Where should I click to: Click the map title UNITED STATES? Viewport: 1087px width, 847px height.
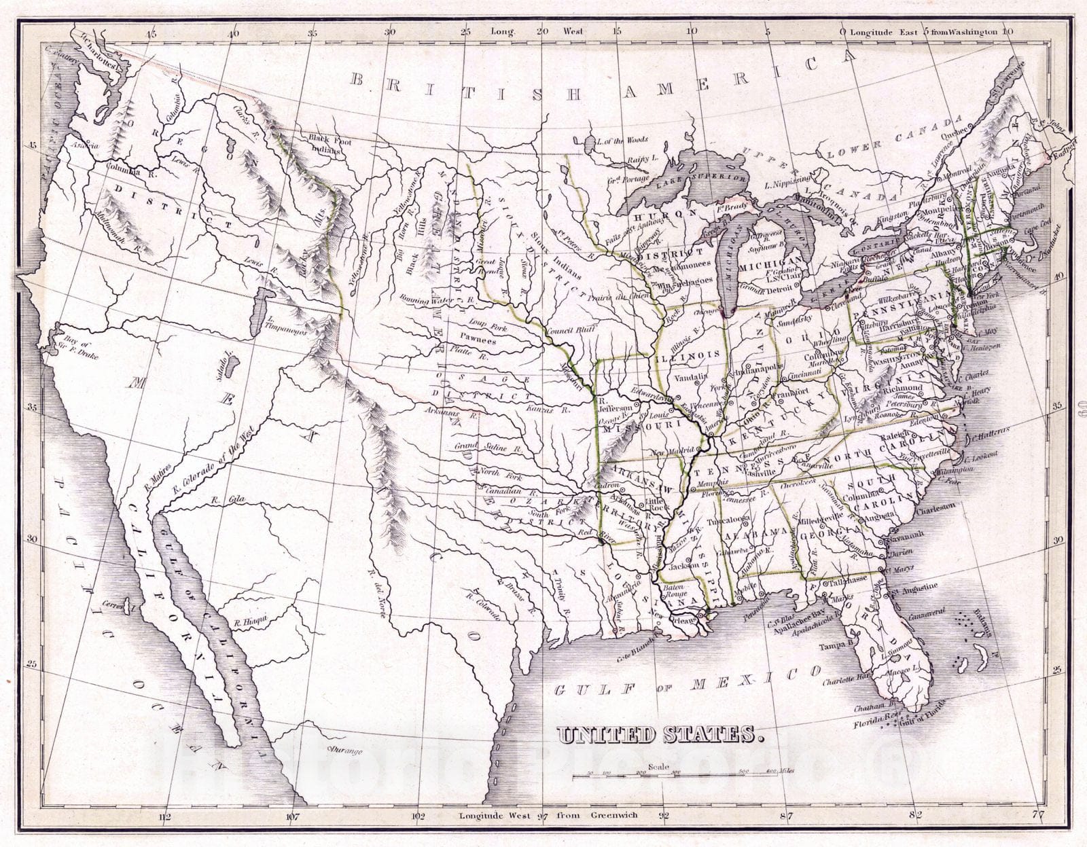pyautogui.click(x=656, y=734)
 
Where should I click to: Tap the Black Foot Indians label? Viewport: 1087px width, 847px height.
pyautogui.click(x=325, y=144)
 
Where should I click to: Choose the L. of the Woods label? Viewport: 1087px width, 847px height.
pyautogui.click(x=621, y=141)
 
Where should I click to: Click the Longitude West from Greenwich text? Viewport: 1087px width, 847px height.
pyautogui.click(x=548, y=815)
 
